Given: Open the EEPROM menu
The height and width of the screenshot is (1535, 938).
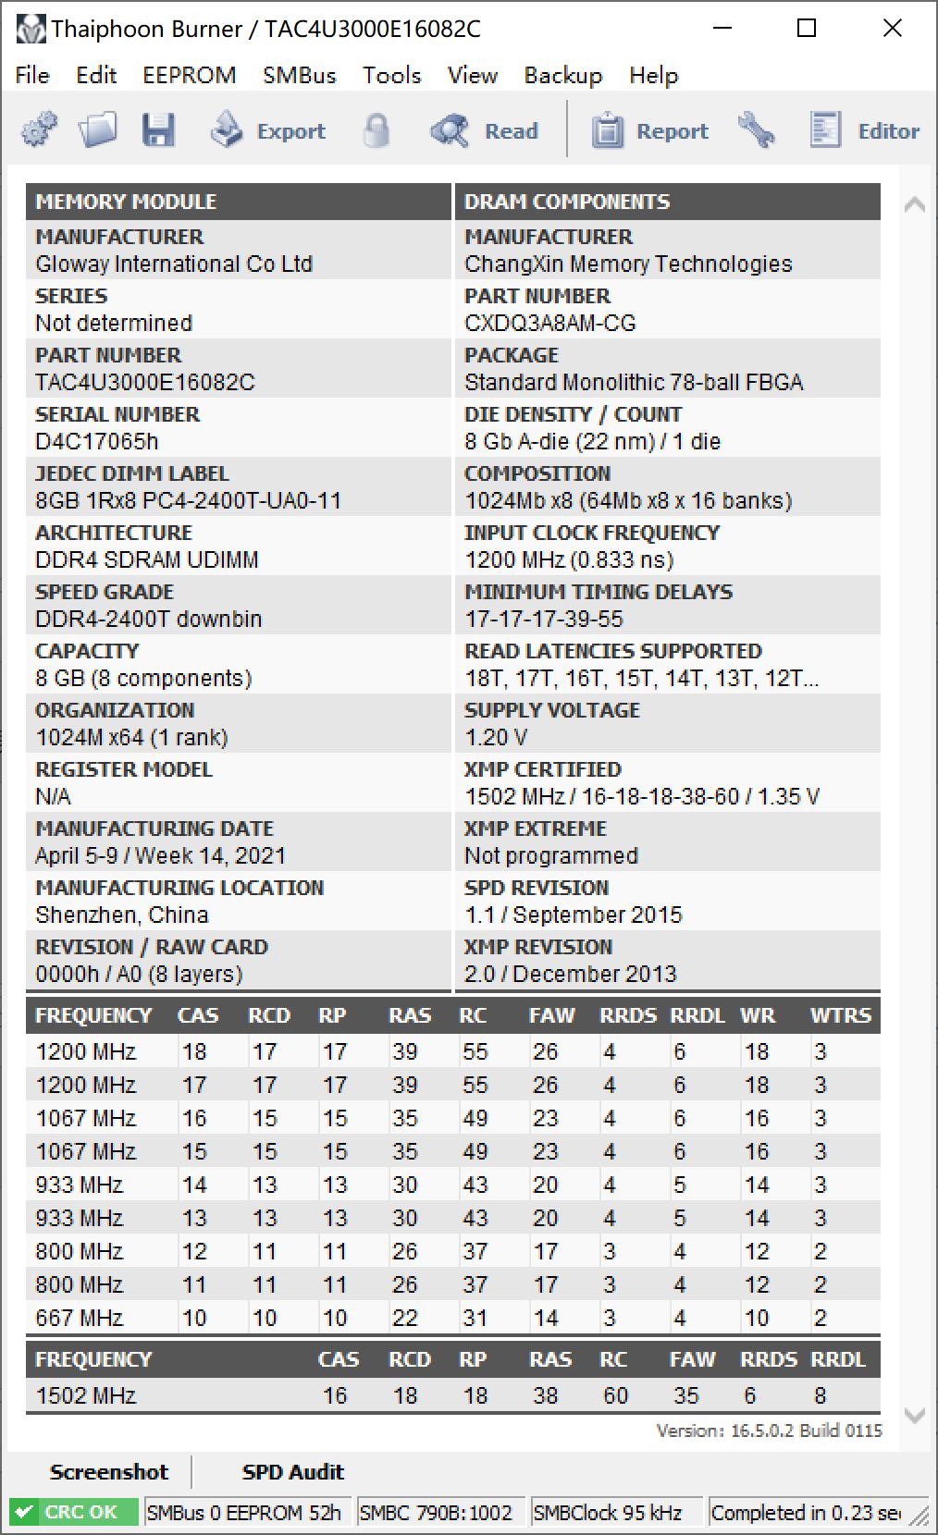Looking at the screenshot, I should (189, 75).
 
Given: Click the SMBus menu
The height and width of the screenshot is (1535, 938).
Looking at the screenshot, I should (299, 75).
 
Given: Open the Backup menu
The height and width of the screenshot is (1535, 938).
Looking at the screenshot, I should (562, 75).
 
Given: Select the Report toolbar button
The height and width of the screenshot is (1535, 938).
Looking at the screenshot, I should (649, 131).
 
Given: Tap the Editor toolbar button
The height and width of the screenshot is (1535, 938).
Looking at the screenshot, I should (864, 131).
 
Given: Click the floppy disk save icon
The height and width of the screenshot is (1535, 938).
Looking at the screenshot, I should (158, 130).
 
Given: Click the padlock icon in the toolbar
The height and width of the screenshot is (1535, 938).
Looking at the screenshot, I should (376, 131).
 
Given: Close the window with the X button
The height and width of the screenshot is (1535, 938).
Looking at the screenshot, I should (892, 29).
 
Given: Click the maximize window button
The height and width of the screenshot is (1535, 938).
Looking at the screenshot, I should (807, 29).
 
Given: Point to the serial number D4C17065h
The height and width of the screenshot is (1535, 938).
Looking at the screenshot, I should (96, 441).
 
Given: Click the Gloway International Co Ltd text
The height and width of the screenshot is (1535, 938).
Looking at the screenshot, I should (174, 264).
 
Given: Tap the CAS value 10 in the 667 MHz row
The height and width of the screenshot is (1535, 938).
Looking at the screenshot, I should (194, 1318).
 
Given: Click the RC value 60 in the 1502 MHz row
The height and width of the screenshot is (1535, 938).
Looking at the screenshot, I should (615, 1395).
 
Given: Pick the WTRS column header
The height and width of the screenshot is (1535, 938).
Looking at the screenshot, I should (840, 1015).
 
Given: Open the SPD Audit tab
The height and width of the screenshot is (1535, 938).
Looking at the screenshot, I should (292, 1471).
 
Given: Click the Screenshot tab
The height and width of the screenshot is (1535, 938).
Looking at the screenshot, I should (109, 1471).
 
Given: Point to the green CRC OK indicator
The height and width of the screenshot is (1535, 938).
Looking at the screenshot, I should (73, 1512).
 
